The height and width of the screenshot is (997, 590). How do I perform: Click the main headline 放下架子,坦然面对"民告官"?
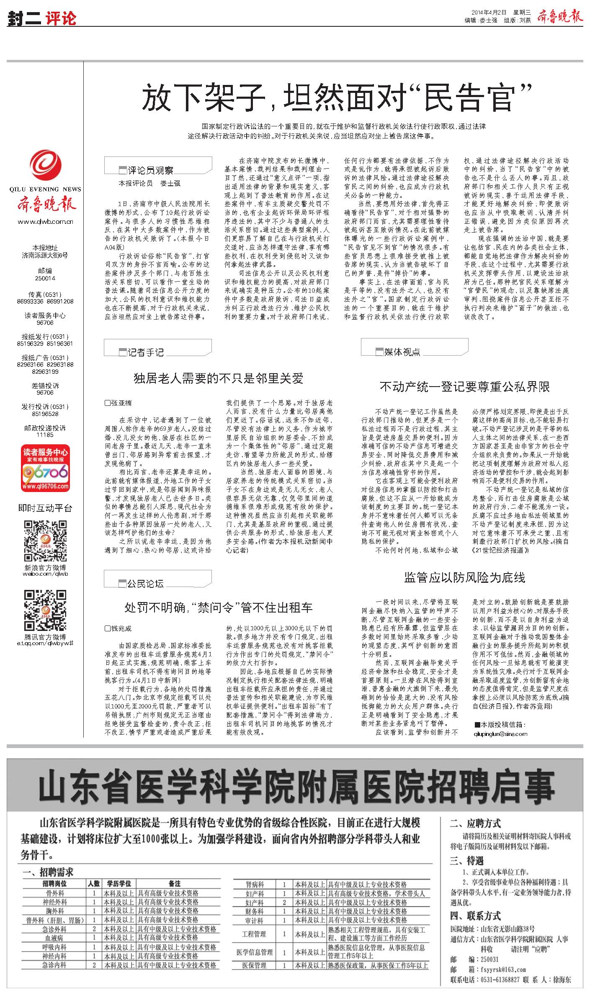pos(337,97)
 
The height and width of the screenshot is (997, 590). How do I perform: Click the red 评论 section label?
pos(62,19)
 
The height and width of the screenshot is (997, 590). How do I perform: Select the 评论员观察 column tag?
pos(150,170)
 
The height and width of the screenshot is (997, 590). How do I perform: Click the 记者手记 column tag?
pos(146,352)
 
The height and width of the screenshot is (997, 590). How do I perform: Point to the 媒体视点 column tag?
pos(402,352)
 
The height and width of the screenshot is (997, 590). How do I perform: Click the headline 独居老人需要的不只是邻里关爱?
pos(218,379)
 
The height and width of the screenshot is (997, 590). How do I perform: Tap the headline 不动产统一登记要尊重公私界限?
pos(464,386)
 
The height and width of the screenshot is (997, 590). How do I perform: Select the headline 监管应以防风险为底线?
pos(464,577)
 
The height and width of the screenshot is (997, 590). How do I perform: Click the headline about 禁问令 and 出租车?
pos(218,607)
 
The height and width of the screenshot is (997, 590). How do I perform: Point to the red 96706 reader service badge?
pos(45,469)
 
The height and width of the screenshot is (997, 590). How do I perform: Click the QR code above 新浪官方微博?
pos(45,541)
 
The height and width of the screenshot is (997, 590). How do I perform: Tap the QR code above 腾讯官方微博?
pos(45,611)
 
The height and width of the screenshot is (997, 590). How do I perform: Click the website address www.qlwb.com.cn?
pos(45,222)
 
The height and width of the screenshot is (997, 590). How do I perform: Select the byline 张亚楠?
pos(121,403)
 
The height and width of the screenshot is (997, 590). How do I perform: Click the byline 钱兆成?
pos(121,628)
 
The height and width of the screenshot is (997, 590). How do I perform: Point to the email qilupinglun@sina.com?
pos(500,734)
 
